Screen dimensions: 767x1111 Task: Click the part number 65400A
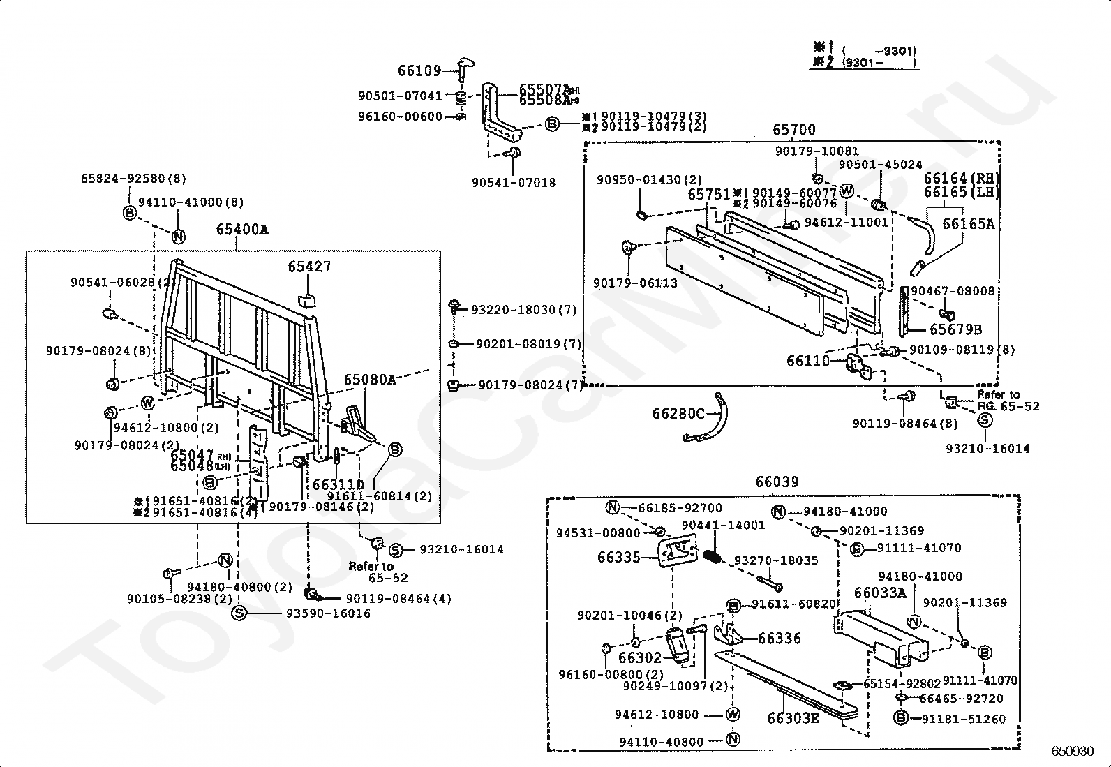click(x=241, y=230)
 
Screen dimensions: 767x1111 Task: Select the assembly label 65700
click(x=793, y=130)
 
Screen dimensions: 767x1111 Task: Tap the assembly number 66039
click(x=777, y=482)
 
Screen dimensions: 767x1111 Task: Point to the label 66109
click(x=419, y=70)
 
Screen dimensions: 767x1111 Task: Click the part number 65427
click(x=309, y=267)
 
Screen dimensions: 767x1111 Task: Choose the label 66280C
click(x=678, y=414)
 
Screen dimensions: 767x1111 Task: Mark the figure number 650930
click(x=1073, y=752)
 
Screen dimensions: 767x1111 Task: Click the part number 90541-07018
click(x=514, y=183)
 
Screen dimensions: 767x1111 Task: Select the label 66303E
click(x=793, y=718)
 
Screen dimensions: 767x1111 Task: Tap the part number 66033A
click(x=880, y=593)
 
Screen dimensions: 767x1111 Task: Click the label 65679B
click(x=955, y=329)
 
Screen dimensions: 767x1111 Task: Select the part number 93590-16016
click(x=328, y=613)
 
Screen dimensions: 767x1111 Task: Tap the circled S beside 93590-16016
click(x=239, y=613)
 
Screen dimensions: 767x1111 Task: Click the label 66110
click(x=808, y=361)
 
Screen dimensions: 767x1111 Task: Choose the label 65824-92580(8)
click(x=133, y=179)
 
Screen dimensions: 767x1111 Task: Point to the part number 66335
click(x=618, y=557)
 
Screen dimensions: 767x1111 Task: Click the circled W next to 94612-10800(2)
click(x=147, y=403)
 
